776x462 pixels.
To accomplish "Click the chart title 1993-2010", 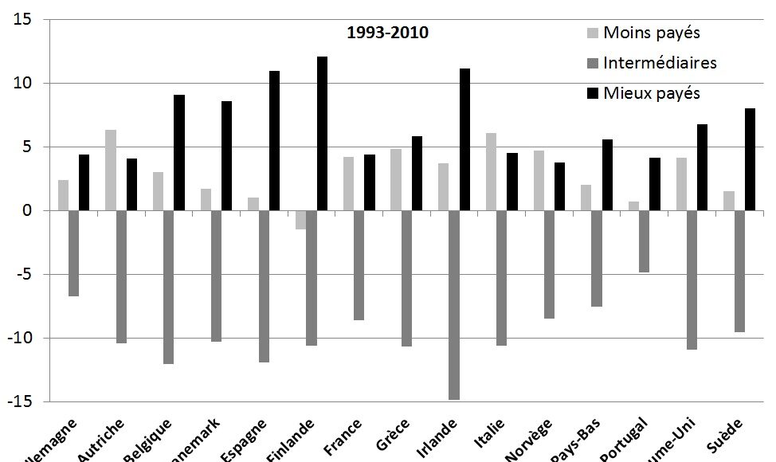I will click(388, 33).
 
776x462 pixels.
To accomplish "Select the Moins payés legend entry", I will click(651, 33).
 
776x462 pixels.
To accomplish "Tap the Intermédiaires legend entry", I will click(660, 63).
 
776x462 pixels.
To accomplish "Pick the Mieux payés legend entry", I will click(651, 93).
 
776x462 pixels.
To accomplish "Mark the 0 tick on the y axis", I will click(26, 211).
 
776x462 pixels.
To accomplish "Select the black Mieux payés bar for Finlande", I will click(322, 134).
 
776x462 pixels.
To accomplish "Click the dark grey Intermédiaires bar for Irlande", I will click(453, 304).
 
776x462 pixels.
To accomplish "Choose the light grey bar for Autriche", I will click(110, 170).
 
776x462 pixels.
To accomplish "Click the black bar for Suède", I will click(750, 159).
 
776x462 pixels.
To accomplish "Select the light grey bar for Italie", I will click(490, 171).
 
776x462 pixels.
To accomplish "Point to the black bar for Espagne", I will click(274, 141).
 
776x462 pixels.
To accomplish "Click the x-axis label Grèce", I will click(392, 436).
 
